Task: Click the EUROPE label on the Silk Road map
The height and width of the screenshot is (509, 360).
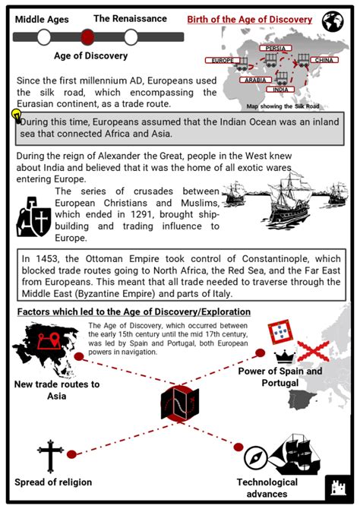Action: point(223,60)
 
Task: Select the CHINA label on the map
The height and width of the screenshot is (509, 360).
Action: point(323,59)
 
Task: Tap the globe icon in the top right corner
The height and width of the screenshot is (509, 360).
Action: point(333,21)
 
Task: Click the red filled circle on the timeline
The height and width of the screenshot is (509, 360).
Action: point(87,36)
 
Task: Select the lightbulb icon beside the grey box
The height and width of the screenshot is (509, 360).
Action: point(15,115)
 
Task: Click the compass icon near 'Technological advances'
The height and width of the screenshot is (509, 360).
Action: point(260,460)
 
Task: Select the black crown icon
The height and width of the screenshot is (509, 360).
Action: point(285,356)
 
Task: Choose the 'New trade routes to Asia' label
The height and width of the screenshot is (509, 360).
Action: point(56,390)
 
